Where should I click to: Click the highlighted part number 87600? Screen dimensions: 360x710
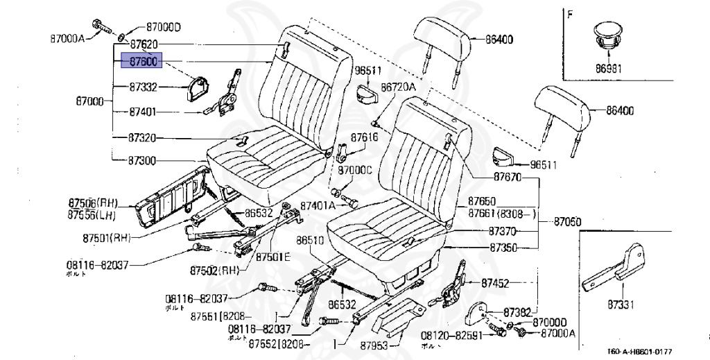(x=141, y=62)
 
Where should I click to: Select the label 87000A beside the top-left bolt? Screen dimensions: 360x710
(x=67, y=38)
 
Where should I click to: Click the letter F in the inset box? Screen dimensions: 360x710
(x=570, y=14)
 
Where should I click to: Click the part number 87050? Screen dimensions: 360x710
(x=567, y=222)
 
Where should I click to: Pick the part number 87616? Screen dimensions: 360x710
(x=364, y=137)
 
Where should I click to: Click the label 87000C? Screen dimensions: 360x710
(x=355, y=170)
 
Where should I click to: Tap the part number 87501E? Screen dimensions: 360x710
(x=273, y=257)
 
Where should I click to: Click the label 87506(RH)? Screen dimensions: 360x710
(x=92, y=203)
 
